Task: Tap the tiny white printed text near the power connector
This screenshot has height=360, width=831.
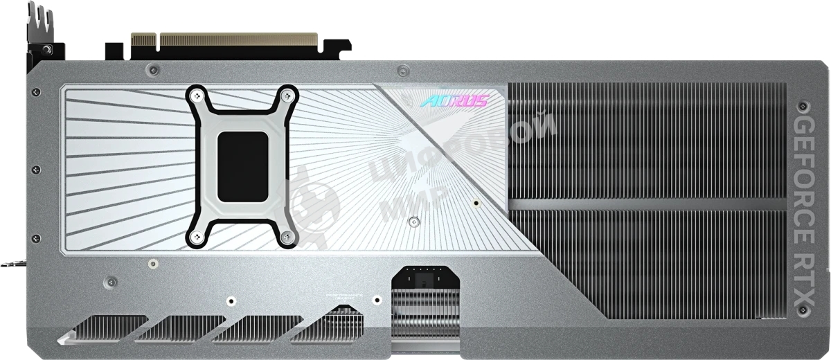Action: click(x=344, y=298)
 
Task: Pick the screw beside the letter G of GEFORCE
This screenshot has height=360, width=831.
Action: click(x=803, y=107)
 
